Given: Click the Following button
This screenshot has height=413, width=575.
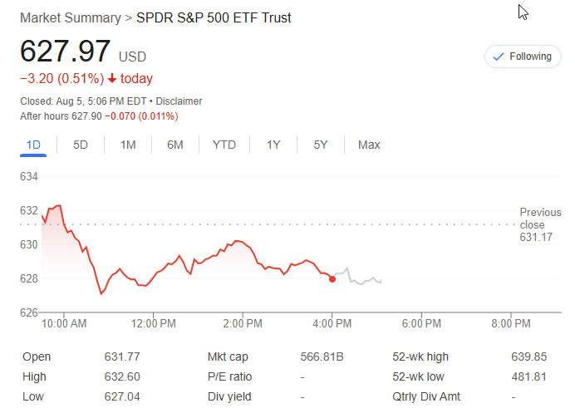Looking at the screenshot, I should pos(523,57).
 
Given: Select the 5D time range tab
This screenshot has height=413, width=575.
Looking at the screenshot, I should pos(81,145).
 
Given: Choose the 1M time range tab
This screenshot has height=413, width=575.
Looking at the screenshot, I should pos(128,145).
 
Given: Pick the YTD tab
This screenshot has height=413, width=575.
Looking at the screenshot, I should pos(224,145).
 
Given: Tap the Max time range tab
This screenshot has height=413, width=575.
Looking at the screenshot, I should pos(369,145).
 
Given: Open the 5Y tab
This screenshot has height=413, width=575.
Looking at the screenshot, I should pos(321,145).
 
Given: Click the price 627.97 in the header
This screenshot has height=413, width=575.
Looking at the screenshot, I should pos(66,52).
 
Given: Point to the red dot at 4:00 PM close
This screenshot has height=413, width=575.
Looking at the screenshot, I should pos(332,279).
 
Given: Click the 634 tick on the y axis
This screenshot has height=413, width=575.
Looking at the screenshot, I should pos(29,176).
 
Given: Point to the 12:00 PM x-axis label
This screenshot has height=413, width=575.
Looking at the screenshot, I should pos(154,322).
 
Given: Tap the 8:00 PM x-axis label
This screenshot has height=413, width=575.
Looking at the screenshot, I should pos(510,322).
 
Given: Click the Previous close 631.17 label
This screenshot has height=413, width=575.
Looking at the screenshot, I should pos(540,224).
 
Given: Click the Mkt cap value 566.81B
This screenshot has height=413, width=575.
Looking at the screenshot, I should pos(322,356).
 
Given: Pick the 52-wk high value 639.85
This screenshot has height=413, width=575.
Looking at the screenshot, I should pos(529,356).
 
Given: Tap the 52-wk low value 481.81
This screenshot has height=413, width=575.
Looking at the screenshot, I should pos(529,376).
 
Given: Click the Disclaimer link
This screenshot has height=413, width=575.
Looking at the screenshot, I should pos(179,101).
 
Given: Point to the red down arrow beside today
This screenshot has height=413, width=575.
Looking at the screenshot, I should pos(112,79).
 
